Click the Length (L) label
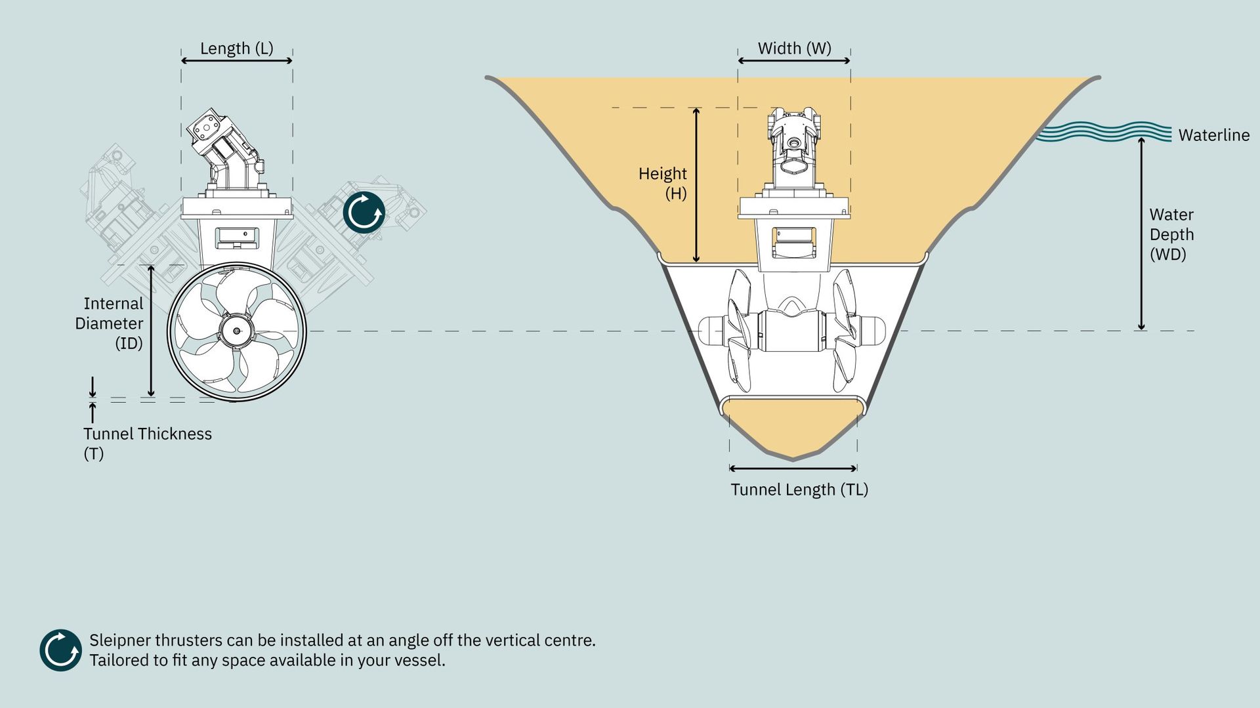[x=236, y=49]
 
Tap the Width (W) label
[x=794, y=49]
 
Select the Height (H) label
[x=663, y=183]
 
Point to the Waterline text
[x=1213, y=135]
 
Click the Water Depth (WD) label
[x=1171, y=234]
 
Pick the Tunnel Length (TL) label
[x=799, y=489]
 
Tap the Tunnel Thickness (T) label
[x=148, y=444]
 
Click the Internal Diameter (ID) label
[x=110, y=323]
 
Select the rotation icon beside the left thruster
[x=364, y=213]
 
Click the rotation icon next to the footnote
[x=60, y=650]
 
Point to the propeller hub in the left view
[x=237, y=331]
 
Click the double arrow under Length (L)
[x=237, y=60]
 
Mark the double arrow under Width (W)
[x=794, y=60]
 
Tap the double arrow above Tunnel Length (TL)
[x=793, y=469]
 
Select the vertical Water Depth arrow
[x=1141, y=234]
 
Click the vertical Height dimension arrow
[x=696, y=185]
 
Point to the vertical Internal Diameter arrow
[x=151, y=331]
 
